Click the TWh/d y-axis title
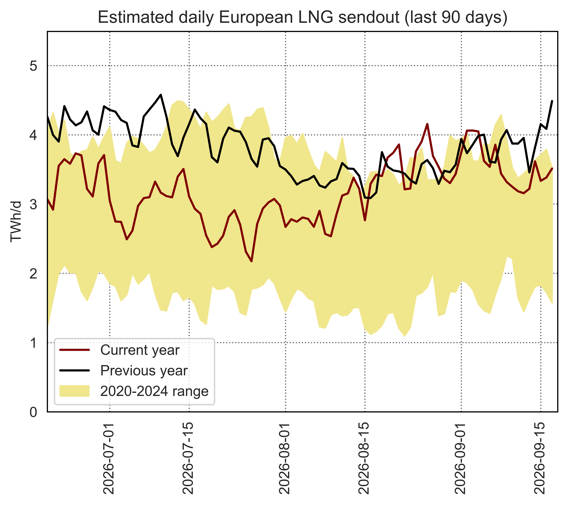coord(16,222)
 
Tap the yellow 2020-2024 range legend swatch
coord(74,391)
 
